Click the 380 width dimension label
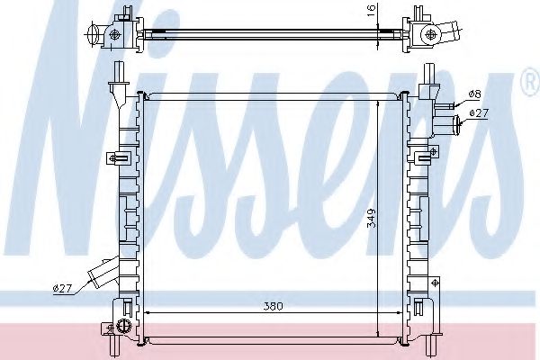273,307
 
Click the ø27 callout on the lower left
62,288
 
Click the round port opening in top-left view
94,36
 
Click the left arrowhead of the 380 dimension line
149,313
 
